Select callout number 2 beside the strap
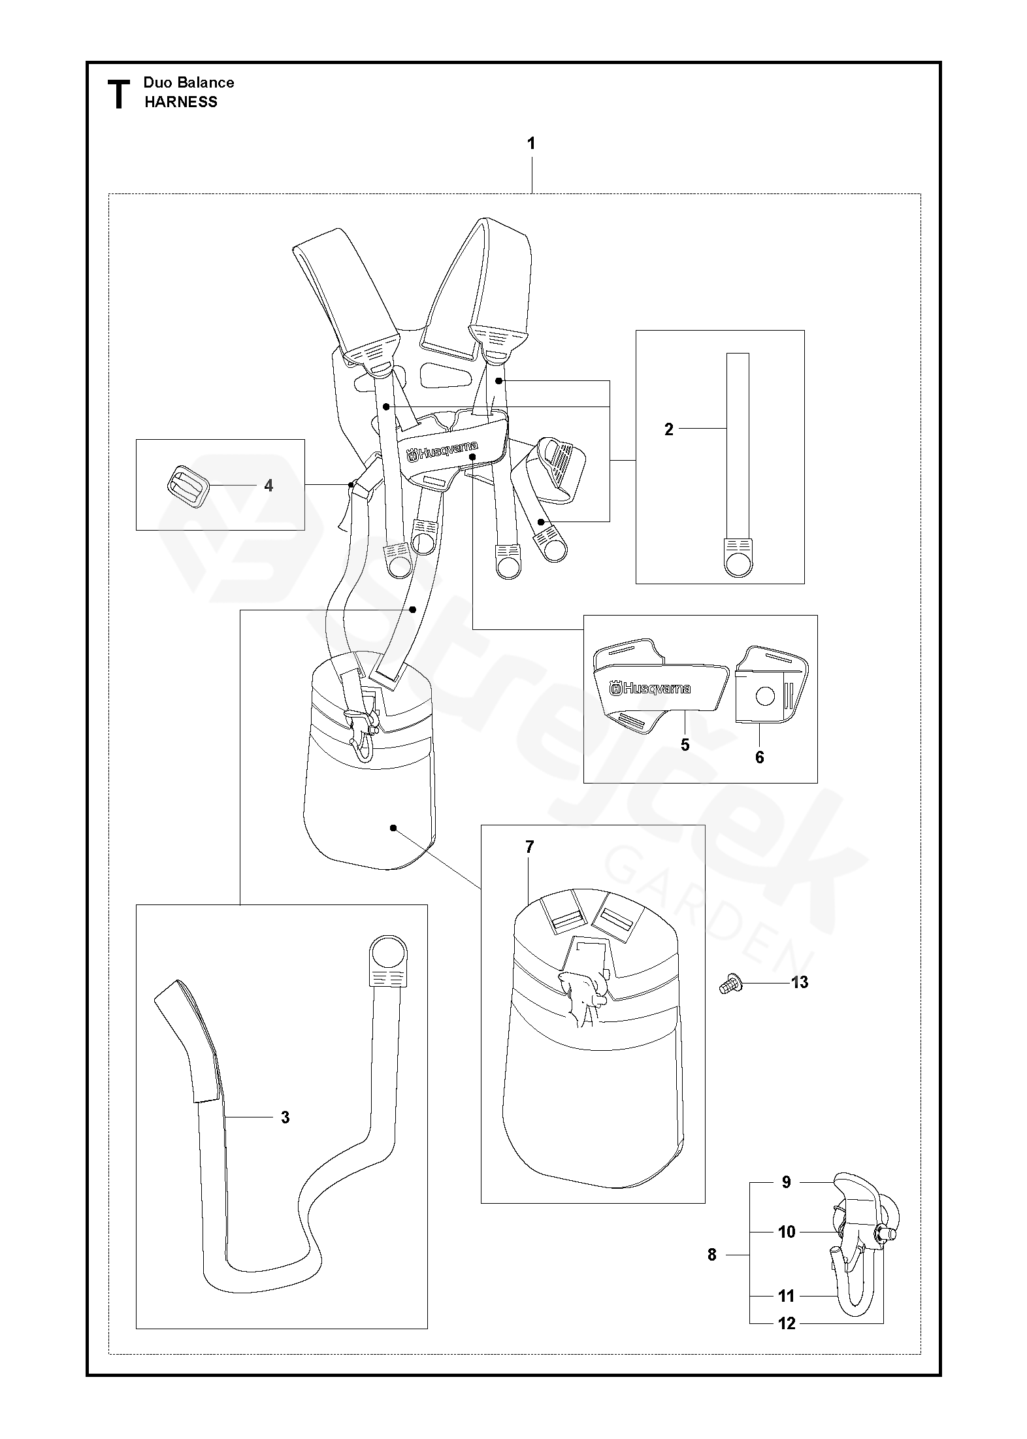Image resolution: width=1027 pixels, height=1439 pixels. (x=668, y=429)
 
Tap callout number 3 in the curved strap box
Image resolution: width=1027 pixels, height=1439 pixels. (x=285, y=1117)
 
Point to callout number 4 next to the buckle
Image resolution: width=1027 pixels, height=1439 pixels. (x=269, y=486)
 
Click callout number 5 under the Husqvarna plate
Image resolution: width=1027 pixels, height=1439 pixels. (x=685, y=745)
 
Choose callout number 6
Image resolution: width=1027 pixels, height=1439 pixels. (x=759, y=757)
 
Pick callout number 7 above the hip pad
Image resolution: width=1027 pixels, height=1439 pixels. (x=529, y=847)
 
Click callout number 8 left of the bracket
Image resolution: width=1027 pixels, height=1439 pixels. (x=712, y=1255)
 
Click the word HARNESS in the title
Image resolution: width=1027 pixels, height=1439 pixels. (x=181, y=102)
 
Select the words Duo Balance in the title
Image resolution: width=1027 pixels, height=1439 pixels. (x=189, y=82)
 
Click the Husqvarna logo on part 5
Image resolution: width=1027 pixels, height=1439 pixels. (x=651, y=689)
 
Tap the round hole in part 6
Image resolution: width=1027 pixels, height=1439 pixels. (x=764, y=697)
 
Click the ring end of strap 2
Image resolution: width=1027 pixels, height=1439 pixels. (x=739, y=563)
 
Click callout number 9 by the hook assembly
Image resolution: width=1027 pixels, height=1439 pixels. (x=787, y=1182)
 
